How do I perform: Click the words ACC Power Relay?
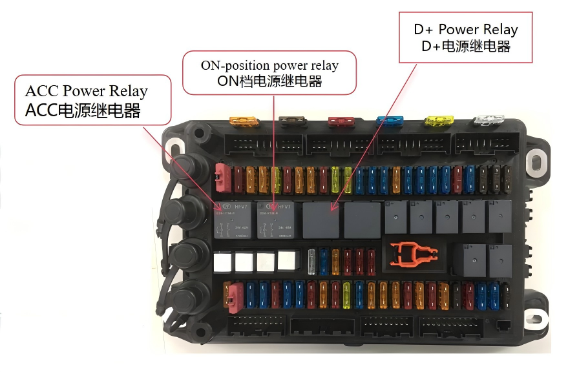click(86, 91)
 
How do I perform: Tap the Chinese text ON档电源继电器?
click(269, 81)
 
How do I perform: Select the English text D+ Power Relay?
click(465, 30)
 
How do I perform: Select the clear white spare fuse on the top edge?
click(488, 121)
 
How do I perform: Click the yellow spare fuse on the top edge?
click(438, 121)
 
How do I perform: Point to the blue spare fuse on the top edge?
click(390, 121)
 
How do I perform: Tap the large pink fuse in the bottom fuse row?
click(233, 294)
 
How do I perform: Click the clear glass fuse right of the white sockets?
click(313, 262)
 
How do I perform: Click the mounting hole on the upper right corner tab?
click(535, 158)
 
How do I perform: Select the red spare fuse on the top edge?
click(341, 121)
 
